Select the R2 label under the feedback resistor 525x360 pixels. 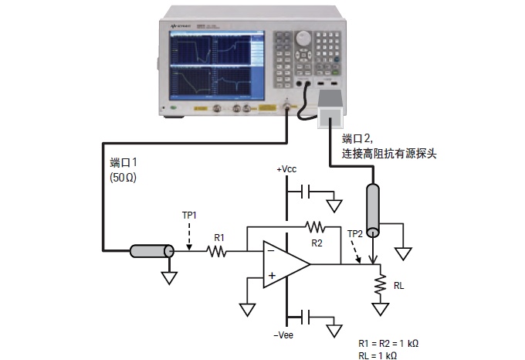(x=317, y=243)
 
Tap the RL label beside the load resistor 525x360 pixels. (x=398, y=284)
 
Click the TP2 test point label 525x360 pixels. (x=354, y=233)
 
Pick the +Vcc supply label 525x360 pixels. (x=287, y=169)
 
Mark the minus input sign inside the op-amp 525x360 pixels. (x=271, y=250)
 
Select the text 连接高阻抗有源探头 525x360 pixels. (x=389, y=153)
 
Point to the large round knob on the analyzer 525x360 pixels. (x=304, y=37)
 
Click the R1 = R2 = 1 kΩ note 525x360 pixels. (x=388, y=343)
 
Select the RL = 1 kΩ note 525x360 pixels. (x=378, y=355)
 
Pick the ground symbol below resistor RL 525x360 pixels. (x=379, y=309)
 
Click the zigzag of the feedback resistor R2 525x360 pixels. (x=315, y=227)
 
